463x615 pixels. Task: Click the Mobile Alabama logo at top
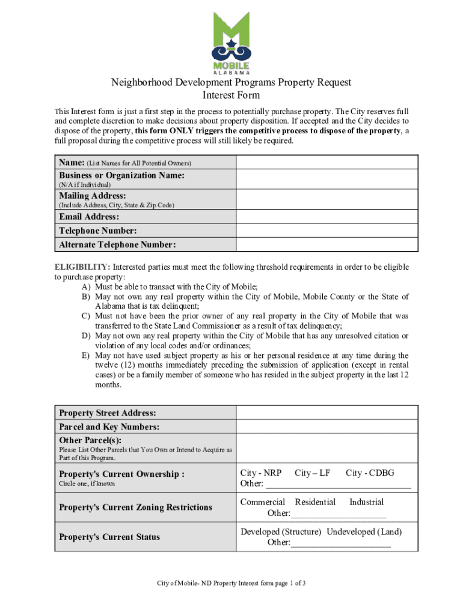click(231, 42)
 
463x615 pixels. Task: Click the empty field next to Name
click(327, 162)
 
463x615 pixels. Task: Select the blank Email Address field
click(327, 216)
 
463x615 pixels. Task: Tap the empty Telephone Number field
click(327, 231)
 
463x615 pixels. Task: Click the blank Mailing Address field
click(327, 199)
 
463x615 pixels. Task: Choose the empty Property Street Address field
click(327, 413)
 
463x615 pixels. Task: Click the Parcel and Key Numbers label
click(109, 427)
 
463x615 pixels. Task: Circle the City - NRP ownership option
click(261, 473)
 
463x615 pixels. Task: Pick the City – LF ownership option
click(313, 473)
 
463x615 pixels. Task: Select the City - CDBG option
click(370, 473)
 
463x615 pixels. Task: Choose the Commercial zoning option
click(263, 502)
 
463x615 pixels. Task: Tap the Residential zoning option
click(315, 502)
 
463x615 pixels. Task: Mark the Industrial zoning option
click(366, 502)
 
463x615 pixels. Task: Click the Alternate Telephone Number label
click(117, 244)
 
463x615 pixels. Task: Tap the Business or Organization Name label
click(121, 175)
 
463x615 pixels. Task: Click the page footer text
click(231, 583)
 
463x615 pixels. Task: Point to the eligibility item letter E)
click(87, 355)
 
